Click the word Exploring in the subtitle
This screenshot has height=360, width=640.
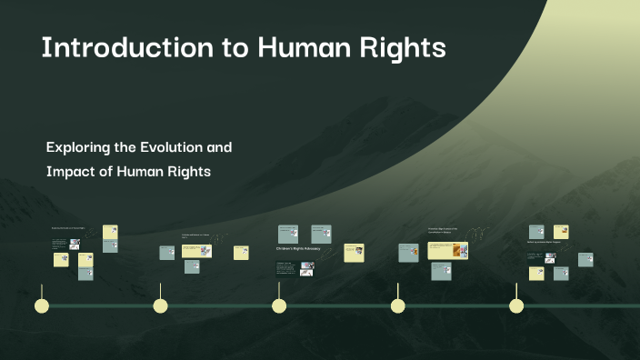tap(79, 146)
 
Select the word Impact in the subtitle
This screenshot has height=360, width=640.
tap(69, 172)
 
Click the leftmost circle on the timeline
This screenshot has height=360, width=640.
tap(41, 305)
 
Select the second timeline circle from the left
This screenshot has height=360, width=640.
tap(161, 305)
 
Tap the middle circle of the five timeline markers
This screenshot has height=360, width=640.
tap(279, 305)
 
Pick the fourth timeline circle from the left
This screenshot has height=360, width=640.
tap(398, 305)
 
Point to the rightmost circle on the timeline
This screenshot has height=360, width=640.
tap(516, 305)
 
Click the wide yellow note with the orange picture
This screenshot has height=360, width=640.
tap(448, 249)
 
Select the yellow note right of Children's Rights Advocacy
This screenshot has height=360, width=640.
tap(354, 255)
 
